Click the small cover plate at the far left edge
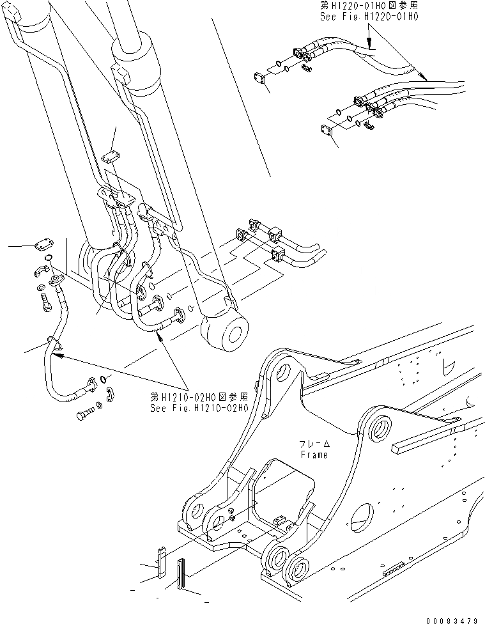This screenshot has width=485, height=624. tap(42, 244)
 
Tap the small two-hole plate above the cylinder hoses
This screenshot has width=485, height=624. tap(111, 157)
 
